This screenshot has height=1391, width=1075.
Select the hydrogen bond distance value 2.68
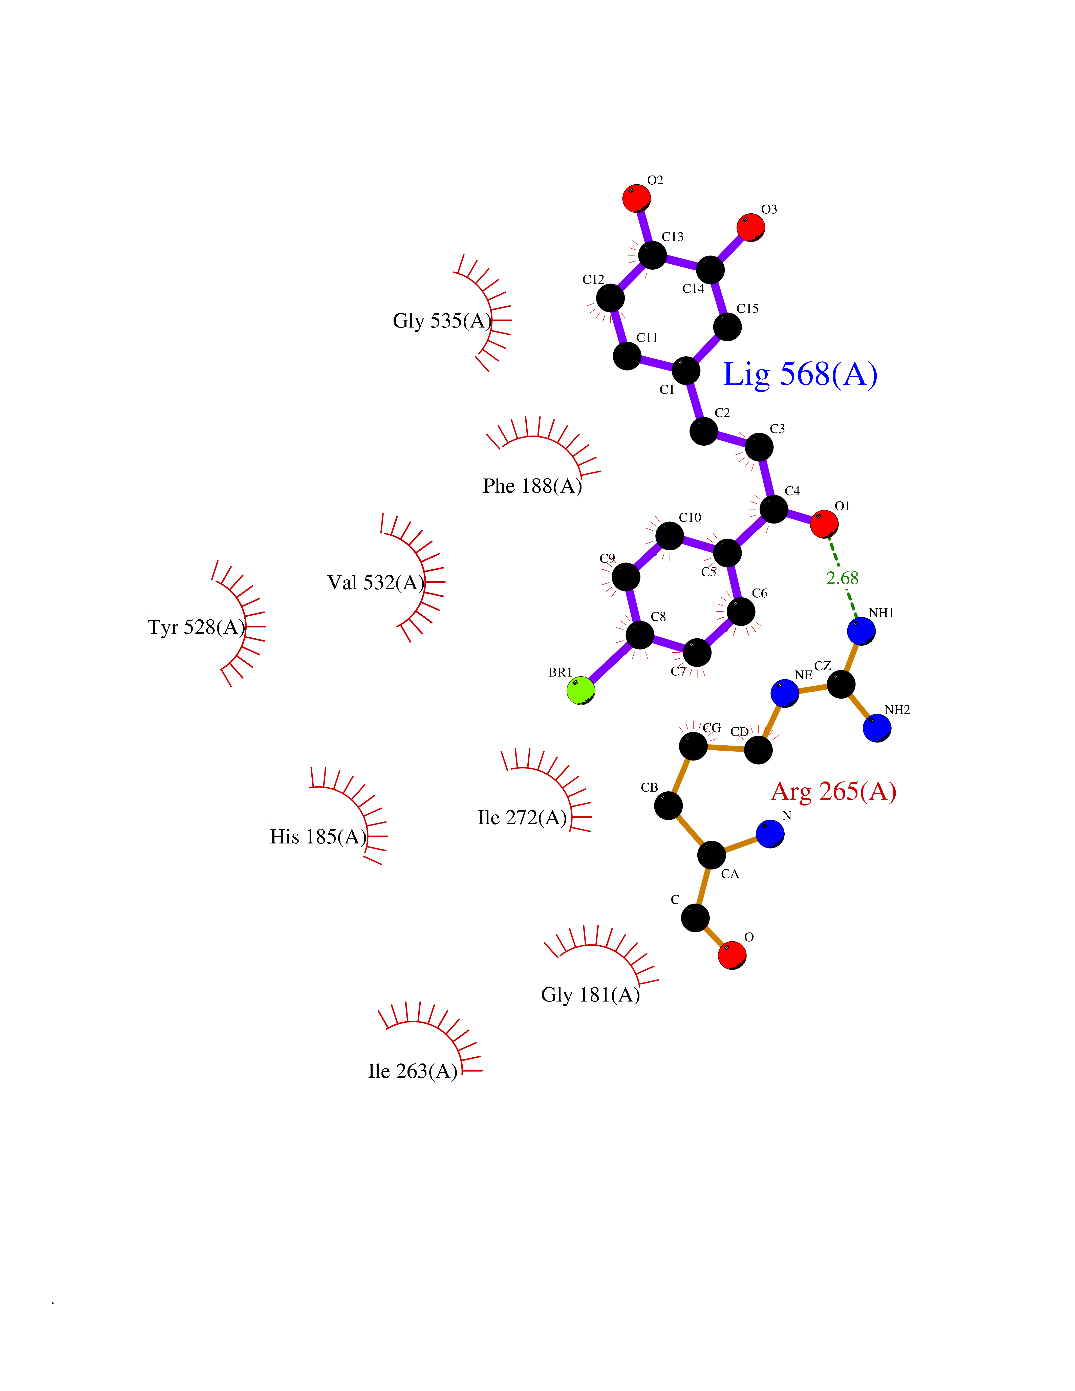click(x=842, y=578)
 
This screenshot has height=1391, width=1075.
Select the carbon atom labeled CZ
click(x=841, y=685)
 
